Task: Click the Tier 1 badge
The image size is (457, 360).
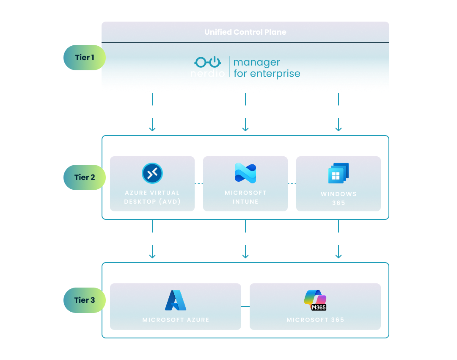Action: (x=84, y=58)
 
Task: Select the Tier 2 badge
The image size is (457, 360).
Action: (x=84, y=177)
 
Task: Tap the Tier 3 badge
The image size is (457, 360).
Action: (x=84, y=300)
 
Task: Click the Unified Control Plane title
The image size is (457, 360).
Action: (x=245, y=32)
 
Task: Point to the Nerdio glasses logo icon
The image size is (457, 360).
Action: (x=207, y=62)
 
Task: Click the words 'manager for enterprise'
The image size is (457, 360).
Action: (x=267, y=68)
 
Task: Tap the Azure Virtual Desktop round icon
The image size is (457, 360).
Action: (x=152, y=173)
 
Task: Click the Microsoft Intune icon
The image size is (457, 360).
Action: (x=245, y=173)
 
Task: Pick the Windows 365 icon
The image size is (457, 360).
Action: (x=339, y=173)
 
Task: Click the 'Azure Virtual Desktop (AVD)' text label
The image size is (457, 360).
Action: (x=152, y=197)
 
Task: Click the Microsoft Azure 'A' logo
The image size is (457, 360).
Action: (x=176, y=300)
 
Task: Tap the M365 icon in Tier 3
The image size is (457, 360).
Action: (x=315, y=300)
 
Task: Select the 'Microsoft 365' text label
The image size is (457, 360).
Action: (x=315, y=320)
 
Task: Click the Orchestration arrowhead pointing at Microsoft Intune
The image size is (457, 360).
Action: (x=245, y=129)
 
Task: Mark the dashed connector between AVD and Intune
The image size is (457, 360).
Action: (x=199, y=184)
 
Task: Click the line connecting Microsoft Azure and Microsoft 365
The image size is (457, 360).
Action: (x=245, y=306)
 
